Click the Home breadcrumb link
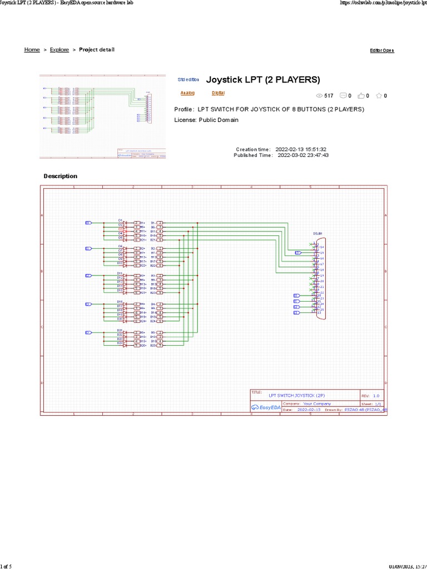(32, 50)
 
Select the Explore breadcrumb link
(59, 50)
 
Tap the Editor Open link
(382, 51)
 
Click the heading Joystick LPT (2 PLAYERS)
(263, 80)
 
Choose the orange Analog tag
(187, 93)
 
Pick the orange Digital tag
(218, 93)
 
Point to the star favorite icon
(379, 96)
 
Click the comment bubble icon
(343, 96)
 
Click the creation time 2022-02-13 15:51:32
(301, 149)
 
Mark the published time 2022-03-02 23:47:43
(302, 155)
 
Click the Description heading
(61, 176)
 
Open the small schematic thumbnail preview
(103, 116)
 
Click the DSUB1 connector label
(317, 234)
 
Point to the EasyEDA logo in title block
(266, 407)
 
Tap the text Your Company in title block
(317, 404)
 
